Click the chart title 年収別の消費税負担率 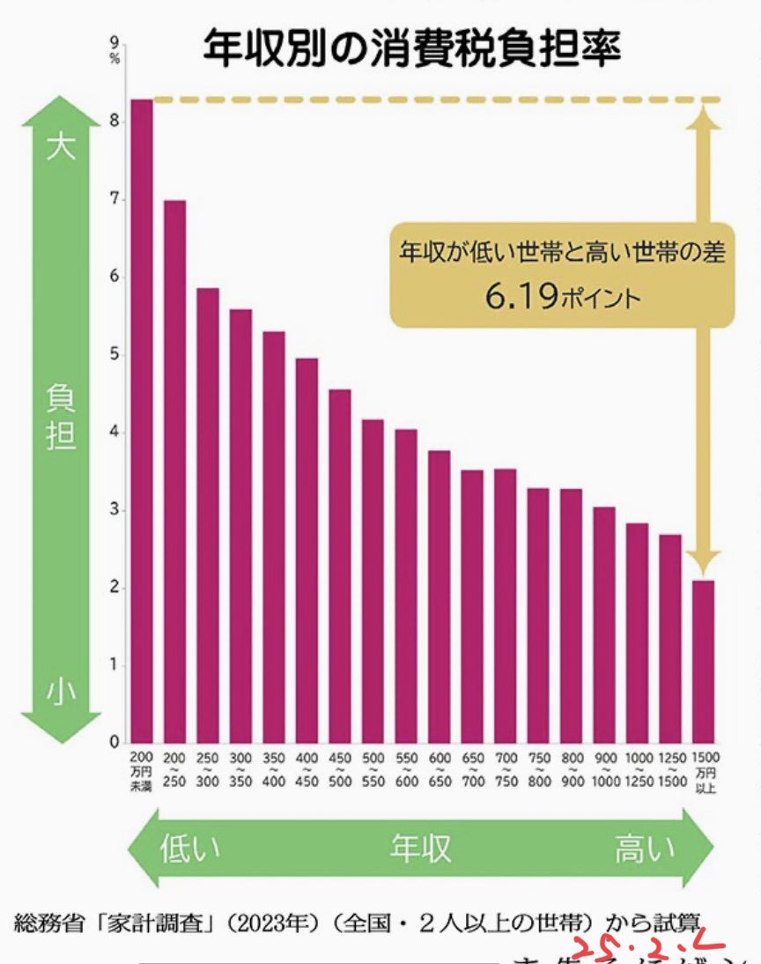(412, 48)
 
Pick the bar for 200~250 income (174, 471)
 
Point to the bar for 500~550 (373, 582)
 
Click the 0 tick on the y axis (115, 743)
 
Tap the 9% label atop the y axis (115, 47)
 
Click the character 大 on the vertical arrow (61, 145)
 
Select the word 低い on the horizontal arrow (189, 849)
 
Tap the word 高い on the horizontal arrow (645, 849)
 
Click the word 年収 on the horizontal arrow (420, 849)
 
